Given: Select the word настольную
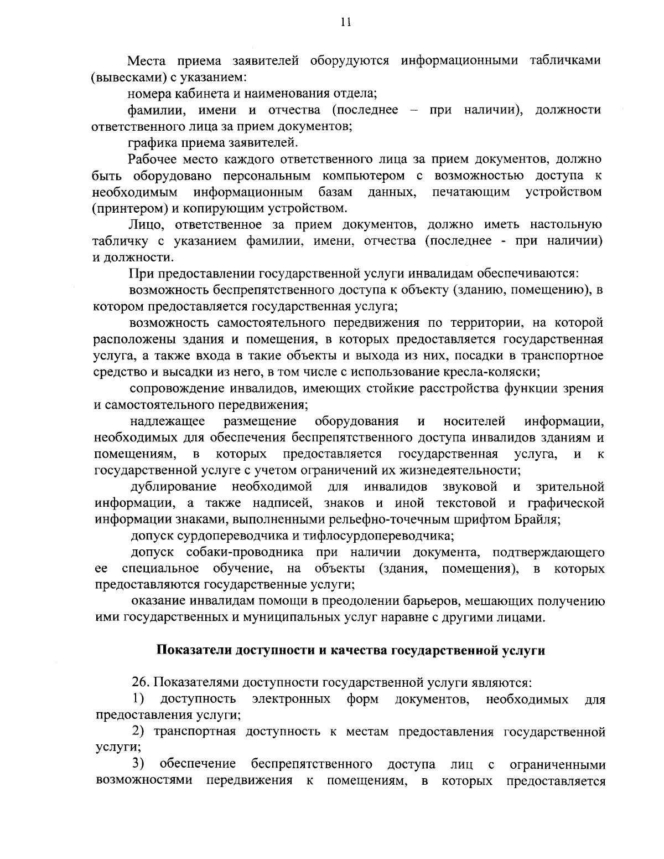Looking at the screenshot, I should tap(566, 225).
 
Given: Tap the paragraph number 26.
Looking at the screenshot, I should tap(139, 682).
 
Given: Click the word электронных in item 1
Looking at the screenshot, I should tap(291, 699).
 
